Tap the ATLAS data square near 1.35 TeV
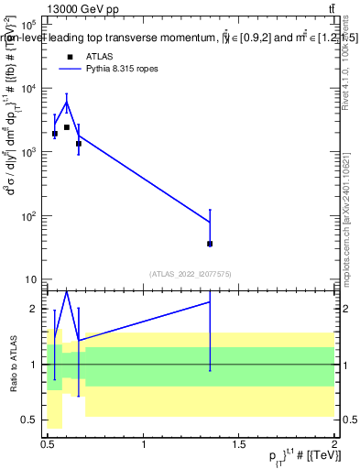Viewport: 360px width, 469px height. pyautogui.click(x=210, y=244)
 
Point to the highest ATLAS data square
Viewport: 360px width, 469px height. pyautogui.click(x=67, y=127)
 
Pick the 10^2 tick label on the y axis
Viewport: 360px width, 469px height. pyautogui.click(x=29, y=216)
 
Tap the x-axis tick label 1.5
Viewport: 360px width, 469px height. pyautogui.click(x=239, y=444)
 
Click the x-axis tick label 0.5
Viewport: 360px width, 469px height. pyautogui.click(x=49, y=444)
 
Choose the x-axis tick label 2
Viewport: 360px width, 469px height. pyautogui.click(x=333, y=444)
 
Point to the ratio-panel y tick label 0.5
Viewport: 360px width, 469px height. pyautogui.click(x=30, y=420)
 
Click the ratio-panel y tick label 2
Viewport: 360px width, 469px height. pyautogui.click(x=36, y=309)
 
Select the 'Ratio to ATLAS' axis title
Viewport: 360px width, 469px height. pyautogui.click(x=14, y=365)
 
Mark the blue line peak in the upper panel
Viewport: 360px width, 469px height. pyautogui.click(x=67, y=102)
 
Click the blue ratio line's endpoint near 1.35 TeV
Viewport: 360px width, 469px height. pyautogui.click(x=210, y=301)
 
